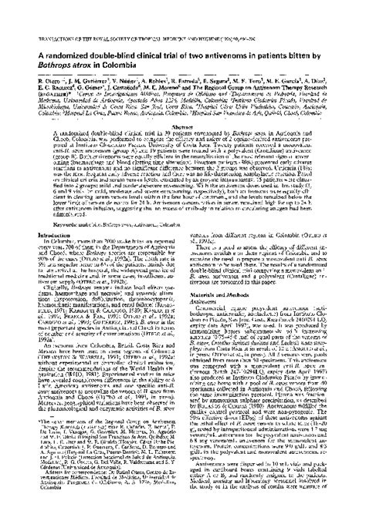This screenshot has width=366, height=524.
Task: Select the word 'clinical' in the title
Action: pyautogui.click(x=171, y=39)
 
